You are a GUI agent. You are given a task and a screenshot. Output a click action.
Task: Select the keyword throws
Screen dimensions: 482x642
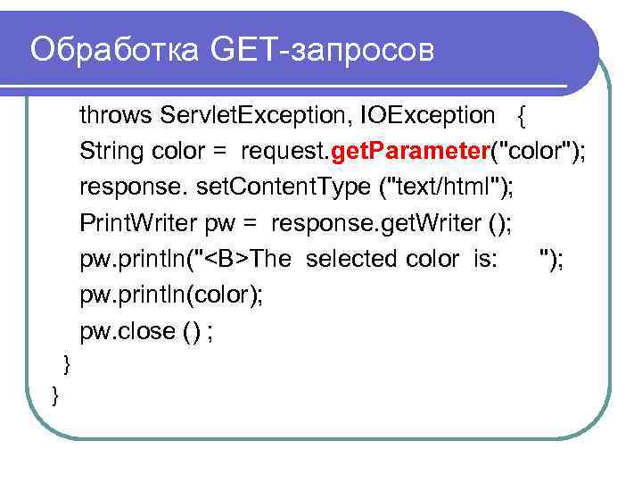pos(117,115)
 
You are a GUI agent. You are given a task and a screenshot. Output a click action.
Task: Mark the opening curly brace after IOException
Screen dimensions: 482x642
pos(522,116)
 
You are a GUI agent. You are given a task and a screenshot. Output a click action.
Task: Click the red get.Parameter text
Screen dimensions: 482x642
pos(408,152)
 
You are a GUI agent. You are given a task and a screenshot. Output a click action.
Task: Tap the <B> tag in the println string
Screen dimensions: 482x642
pos(230,259)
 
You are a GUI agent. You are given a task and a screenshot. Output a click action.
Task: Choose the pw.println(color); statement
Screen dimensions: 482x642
pos(171,295)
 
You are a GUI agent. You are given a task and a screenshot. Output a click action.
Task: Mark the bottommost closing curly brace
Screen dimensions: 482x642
pos(55,393)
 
